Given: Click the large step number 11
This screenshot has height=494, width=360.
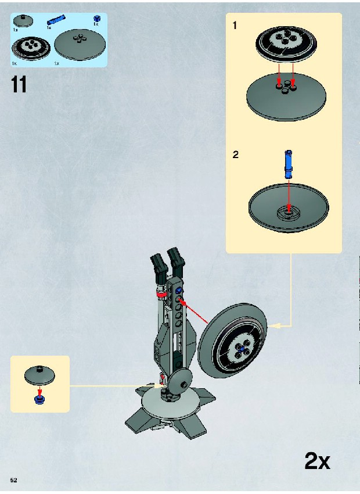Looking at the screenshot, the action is (x=19, y=84).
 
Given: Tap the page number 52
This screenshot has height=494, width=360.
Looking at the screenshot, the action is (x=13, y=480).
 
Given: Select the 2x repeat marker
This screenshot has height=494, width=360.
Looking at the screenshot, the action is (x=317, y=461).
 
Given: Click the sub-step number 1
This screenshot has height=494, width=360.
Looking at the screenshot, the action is (x=235, y=26).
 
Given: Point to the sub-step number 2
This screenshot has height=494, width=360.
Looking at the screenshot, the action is (x=235, y=155).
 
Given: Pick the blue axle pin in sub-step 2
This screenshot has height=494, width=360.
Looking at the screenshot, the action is (x=289, y=164).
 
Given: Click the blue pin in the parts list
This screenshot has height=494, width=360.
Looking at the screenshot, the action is (x=56, y=20).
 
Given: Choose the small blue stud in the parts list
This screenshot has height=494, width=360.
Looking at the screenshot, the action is (x=97, y=18).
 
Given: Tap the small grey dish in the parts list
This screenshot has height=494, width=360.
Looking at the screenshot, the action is (x=23, y=21).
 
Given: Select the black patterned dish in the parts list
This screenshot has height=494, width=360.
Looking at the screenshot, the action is (x=31, y=48).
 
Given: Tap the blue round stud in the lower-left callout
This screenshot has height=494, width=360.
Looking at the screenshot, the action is (x=39, y=400).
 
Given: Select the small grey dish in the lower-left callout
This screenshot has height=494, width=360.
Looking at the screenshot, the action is (x=39, y=375).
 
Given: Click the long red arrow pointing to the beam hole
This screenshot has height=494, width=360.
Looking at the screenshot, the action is (x=194, y=312).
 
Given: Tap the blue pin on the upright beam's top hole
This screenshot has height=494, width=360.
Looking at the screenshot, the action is (x=178, y=291).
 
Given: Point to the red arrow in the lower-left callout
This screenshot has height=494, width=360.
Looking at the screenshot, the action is (x=39, y=391).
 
